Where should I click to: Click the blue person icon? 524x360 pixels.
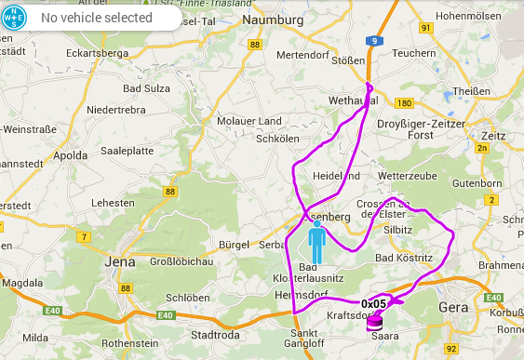tap(317, 244)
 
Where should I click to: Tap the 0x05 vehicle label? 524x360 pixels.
tap(373, 303)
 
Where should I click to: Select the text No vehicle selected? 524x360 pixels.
tap(97, 18)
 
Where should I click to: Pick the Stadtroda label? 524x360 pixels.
tap(215, 335)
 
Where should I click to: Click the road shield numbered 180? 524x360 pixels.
tap(404, 103)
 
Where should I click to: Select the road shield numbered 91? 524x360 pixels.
tap(426, 29)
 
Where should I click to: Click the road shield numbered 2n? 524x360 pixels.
tap(481, 148)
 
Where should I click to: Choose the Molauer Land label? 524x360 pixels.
tap(249, 121)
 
